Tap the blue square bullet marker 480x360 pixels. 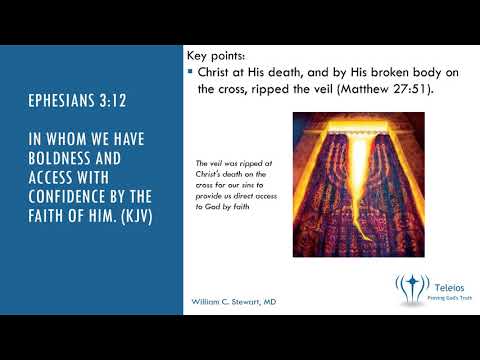(x=190, y=72)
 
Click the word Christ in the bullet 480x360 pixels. (x=216, y=72)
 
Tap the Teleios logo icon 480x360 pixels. (x=410, y=289)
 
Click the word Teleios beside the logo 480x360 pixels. (x=447, y=283)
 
